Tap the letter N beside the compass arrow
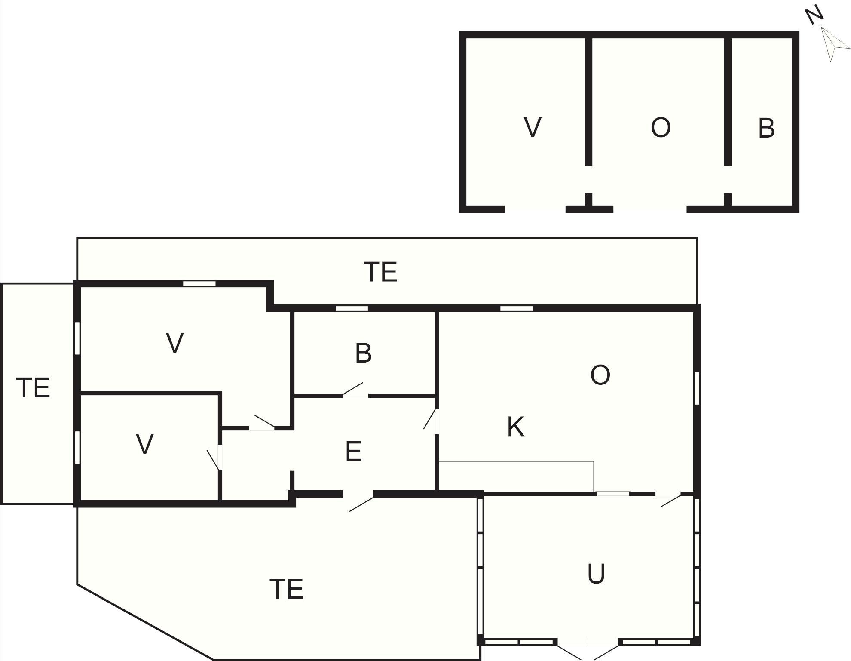click(x=814, y=15)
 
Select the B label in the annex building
click(x=766, y=128)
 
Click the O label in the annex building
click(x=661, y=128)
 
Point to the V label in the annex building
click(x=533, y=127)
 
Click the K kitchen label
click(x=516, y=427)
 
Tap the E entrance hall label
click(x=353, y=452)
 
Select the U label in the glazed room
click(x=596, y=574)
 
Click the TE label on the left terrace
click(x=33, y=387)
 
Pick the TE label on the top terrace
click(x=380, y=272)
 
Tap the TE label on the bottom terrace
click(x=286, y=589)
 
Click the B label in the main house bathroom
click(x=363, y=353)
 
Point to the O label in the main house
click(x=600, y=375)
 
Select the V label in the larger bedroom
click(x=174, y=343)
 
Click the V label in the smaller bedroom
click(x=144, y=444)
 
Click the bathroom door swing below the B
click(x=353, y=388)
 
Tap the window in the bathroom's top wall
click(x=352, y=308)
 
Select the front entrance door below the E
click(x=361, y=503)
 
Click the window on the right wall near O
click(x=697, y=388)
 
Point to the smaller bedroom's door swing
click(x=213, y=460)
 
